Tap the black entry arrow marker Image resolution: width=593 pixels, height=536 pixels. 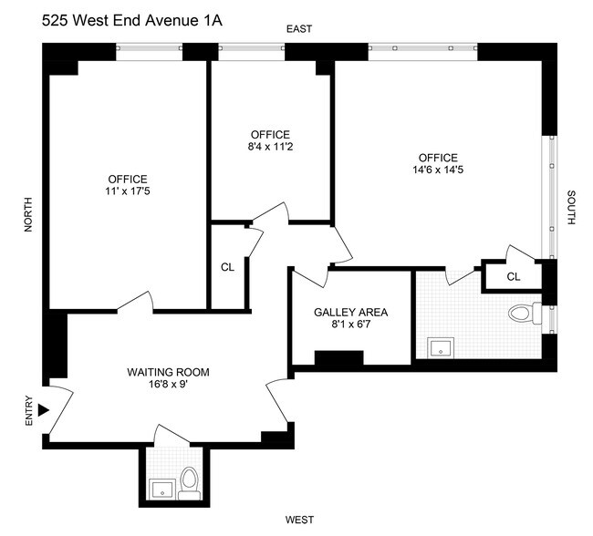pos(43,412)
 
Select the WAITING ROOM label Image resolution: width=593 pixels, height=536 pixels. pos(168,372)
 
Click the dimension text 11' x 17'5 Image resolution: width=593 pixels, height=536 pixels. pos(127,192)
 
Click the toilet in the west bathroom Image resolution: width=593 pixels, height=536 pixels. pos(190,481)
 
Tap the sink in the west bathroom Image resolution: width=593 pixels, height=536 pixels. pos(162,488)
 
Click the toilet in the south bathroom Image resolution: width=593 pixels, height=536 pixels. pos(521,314)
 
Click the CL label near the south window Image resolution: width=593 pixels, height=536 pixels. pos(513,276)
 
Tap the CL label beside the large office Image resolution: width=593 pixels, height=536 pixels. pos(227,267)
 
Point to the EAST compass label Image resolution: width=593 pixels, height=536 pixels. pos(299,29)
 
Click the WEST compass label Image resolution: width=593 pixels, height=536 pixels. pos(299,520)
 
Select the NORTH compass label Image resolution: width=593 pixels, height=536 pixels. pos(28,215)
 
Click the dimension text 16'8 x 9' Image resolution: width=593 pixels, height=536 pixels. pos(168,385)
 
